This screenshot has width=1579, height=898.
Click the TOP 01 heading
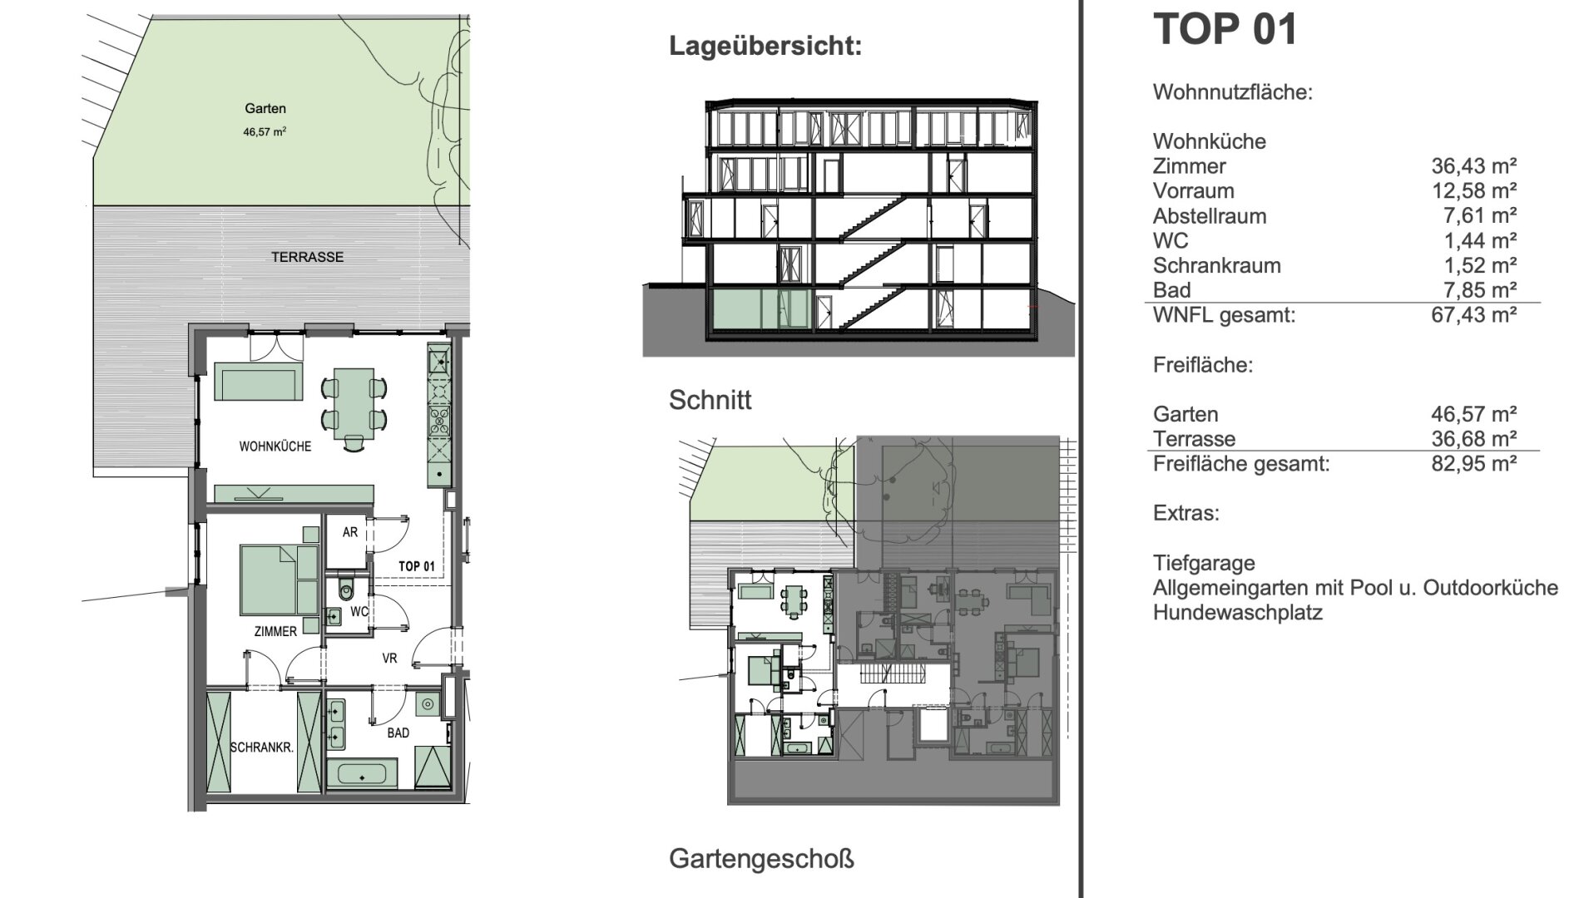coord(1225,28)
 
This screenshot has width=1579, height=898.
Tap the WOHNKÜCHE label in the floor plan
coord(275,447)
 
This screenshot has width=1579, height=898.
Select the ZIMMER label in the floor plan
coord(275,632)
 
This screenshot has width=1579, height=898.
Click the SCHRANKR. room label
coord(262,748)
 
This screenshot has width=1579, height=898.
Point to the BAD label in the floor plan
coord(398,733)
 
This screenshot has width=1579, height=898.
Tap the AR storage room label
coord(350,532)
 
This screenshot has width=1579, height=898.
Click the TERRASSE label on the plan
coord(307,257)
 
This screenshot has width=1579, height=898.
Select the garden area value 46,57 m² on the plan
coord(265,131)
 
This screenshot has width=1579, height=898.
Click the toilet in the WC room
coord(347,591)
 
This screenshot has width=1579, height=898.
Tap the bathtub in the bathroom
coord(362,773)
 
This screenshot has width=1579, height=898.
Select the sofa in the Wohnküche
coord(258,382)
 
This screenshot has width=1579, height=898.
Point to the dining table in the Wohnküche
coord(354,404)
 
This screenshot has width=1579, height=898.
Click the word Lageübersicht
coord(765,46)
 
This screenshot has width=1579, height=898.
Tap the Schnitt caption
coord(710,400)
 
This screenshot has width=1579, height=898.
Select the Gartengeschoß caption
coord(761,859)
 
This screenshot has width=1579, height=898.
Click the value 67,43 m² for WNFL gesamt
coord(1473,315)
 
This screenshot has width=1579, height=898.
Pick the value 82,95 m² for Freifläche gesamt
coord(1473,463)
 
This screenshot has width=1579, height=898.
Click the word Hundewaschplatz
coord(1237,614)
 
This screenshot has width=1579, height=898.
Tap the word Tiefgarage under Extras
coord(1204,564)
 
